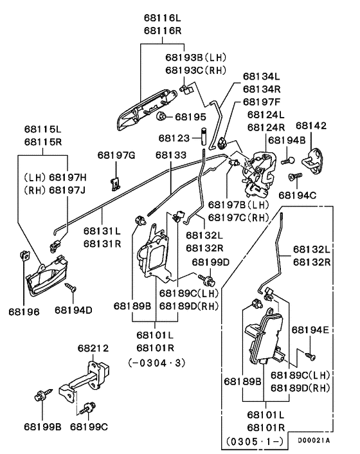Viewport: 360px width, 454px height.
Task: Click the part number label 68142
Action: [311, 125]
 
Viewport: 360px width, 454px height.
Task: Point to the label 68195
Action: [190, 117]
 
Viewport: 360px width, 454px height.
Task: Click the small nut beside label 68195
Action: [163, 116]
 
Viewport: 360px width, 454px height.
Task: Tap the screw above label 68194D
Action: [71, 287]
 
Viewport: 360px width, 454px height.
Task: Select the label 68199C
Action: [89, 426]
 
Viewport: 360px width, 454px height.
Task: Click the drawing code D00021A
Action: [314, 440]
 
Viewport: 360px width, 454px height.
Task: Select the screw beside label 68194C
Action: [294, 175]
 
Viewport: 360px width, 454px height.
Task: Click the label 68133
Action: [172, 154]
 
